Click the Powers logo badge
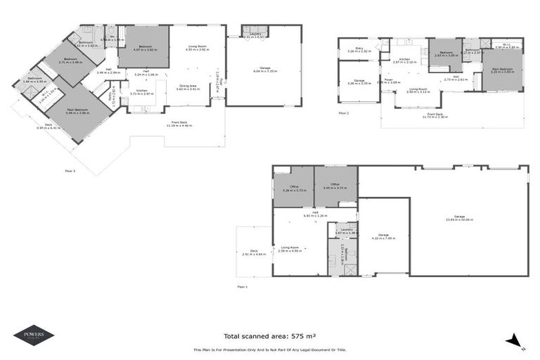tap(33, 335)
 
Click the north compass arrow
tap(515, 341)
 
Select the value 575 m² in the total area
tap(290, 336)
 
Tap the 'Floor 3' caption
tap(70, 170)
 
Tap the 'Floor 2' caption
tap(344, 112)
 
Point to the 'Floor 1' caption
tap(243, 287)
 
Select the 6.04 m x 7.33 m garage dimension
tap(265, 71)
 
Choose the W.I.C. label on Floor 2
tap(506, 45)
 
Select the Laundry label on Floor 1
tap(342, 230)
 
